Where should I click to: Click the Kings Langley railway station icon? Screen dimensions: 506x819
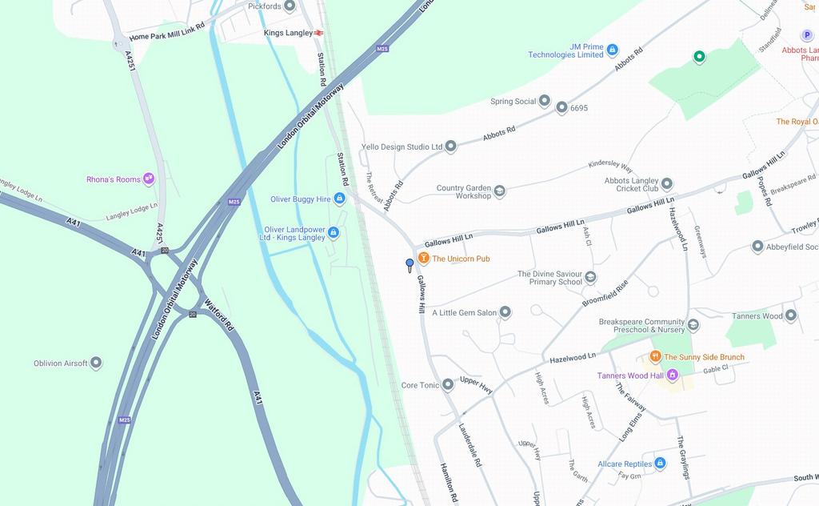coord(318,33)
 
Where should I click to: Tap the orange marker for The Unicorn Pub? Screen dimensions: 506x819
coord(424,259)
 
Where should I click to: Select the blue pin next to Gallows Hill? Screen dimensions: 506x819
coord(409,263)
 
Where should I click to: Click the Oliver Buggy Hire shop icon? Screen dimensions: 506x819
coord(339,199)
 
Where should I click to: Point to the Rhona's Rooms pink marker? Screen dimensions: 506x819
coord(148,179)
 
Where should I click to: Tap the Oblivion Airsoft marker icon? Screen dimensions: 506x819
coord(96,363)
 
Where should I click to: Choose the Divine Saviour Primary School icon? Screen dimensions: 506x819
coord(590,277)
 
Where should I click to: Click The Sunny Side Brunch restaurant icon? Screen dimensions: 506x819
coord(655,357)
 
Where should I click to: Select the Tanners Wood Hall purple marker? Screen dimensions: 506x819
coord(672,375)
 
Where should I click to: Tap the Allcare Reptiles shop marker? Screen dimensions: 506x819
coord(660,463)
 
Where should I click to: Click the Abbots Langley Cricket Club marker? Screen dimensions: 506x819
coord(667,184)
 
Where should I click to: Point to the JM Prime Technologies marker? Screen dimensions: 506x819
coord(612,50)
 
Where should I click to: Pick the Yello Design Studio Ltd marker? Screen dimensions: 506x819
coord(450,147)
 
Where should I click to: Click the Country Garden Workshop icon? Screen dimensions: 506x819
coord(499,191)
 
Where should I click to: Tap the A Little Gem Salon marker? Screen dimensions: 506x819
coord(505,312)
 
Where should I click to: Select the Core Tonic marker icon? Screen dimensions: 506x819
coord(448,385)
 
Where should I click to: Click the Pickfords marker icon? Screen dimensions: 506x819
coord(290,6)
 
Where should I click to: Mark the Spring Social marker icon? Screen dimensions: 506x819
coord(545,101)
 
